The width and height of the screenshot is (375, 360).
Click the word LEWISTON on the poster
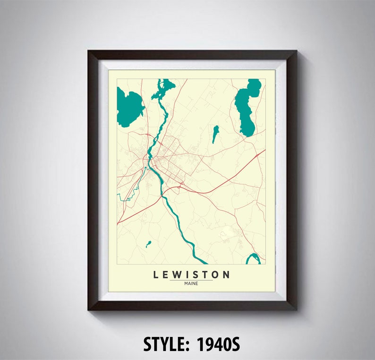tap(191, 275)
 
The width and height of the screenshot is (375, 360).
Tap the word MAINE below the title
tap(191, 284)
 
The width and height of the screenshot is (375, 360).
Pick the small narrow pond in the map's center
tap(215, 134)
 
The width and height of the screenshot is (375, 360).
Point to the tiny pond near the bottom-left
tap(148, 244)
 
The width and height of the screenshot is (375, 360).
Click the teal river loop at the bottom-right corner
tap(254, 258)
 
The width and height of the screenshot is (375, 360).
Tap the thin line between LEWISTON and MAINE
tap(191, 280)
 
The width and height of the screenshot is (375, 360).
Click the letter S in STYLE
tap(148, 344)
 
